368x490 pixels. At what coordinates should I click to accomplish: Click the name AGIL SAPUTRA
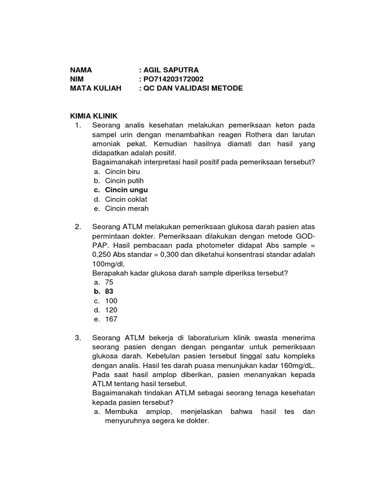tap(167, 70)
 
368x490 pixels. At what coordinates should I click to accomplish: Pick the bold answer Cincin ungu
tap(126, 190)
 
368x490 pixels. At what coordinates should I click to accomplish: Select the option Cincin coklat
tap(126, 199)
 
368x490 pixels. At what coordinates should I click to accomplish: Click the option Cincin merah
tap(127, 209)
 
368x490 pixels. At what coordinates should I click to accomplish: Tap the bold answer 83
tap(109, 291)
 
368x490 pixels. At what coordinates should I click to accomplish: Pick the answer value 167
tap(111, 319)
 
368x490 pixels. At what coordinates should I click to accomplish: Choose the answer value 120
tap(111, 310)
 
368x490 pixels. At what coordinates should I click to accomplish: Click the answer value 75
tap(109, 282)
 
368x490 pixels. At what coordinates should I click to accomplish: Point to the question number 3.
tap(78, 338)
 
